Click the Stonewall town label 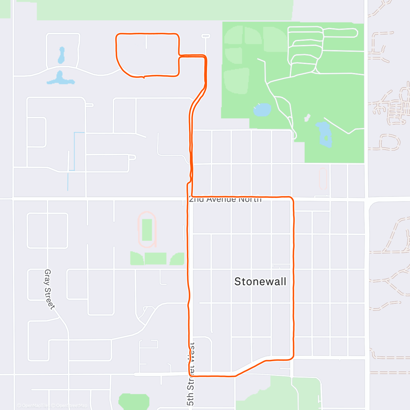click(260, 282)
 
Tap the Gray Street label click(49, 289)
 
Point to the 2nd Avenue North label click(225, 199)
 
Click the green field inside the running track click(147, 230)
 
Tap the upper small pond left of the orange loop click(61, 56)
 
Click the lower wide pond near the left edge click(60, 79)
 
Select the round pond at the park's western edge click(262, 110)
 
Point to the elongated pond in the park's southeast click(324, 134)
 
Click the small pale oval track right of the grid click(323, 178)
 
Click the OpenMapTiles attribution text click(33, 406)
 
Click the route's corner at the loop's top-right click(178, 35)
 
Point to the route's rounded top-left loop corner click(117, 35)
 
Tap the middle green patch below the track click(155, 259)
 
